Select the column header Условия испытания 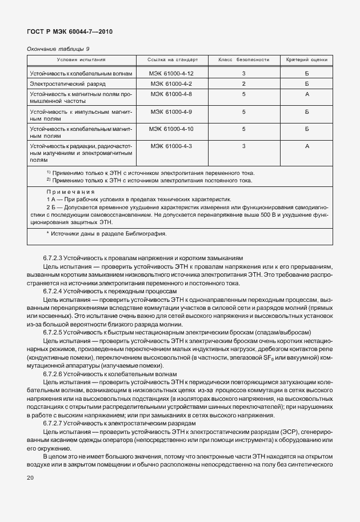click(81, 60)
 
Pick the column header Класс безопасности click(243, 60)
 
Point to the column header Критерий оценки click(307, 60)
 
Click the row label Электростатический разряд click(68, 83)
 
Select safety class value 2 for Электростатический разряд click(243, 83)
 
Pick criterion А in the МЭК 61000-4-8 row click(307, 93)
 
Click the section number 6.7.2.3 click(56, 258)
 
